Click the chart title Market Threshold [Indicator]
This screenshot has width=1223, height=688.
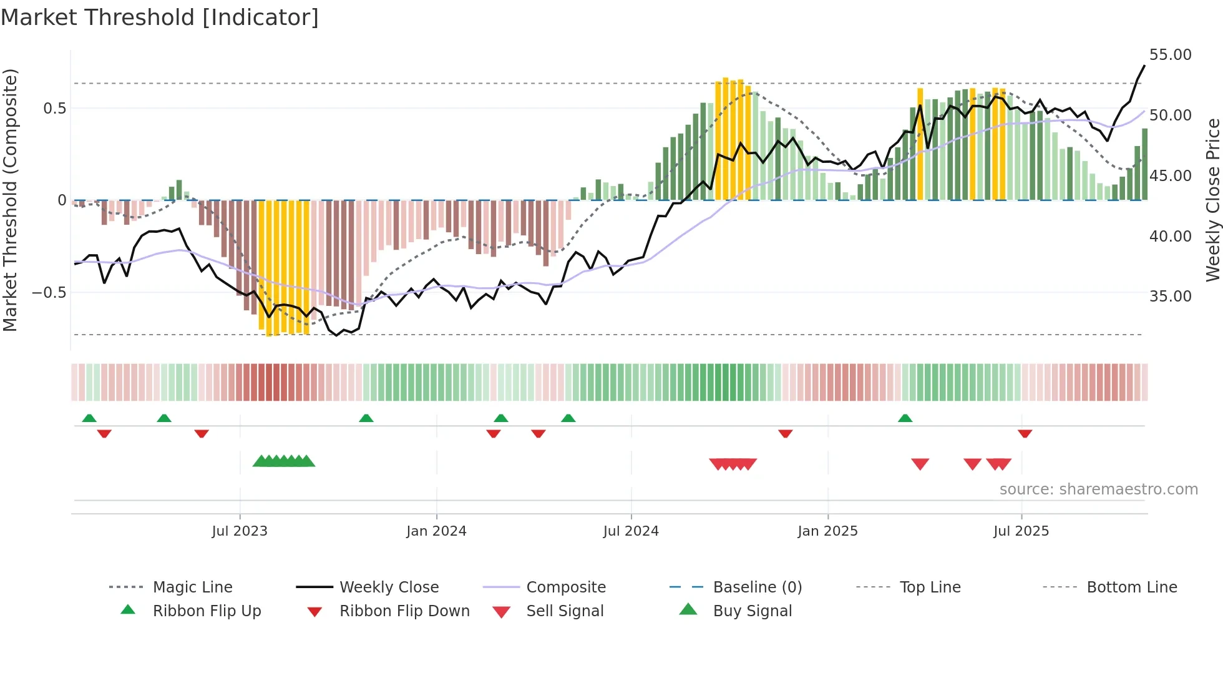[160, 17]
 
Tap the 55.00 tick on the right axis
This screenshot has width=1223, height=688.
[1170, 55]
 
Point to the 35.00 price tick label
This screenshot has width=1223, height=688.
[1170, 297]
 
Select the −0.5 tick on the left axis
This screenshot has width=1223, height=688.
[49, 293]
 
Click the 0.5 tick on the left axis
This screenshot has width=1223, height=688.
[54, 109]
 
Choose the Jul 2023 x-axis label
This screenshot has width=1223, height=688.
[240, 531]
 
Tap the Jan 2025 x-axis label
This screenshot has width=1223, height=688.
[827, 531]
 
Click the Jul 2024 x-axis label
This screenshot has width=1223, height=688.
[631, 531]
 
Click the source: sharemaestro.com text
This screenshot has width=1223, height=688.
[1098, 489]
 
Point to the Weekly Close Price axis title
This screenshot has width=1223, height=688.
[1212, 200]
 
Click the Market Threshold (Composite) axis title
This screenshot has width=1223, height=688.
[10, 200]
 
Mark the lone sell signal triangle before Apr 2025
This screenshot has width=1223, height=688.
[920, 464]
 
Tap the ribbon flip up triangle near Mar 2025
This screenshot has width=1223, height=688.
[905, 418]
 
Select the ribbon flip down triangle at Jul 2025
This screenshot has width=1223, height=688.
[1025, 433]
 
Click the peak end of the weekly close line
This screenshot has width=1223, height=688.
[1144, 66]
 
